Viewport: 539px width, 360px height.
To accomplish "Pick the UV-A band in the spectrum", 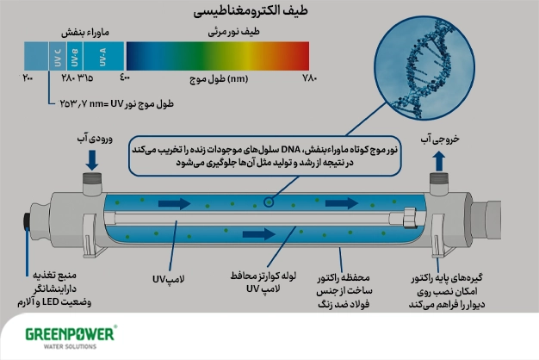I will point(102,55).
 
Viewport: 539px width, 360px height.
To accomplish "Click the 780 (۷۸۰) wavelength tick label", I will point(310,79).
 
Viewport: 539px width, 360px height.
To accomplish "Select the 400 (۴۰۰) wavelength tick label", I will point(126,79).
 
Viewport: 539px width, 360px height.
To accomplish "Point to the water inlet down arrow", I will point(91,159).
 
